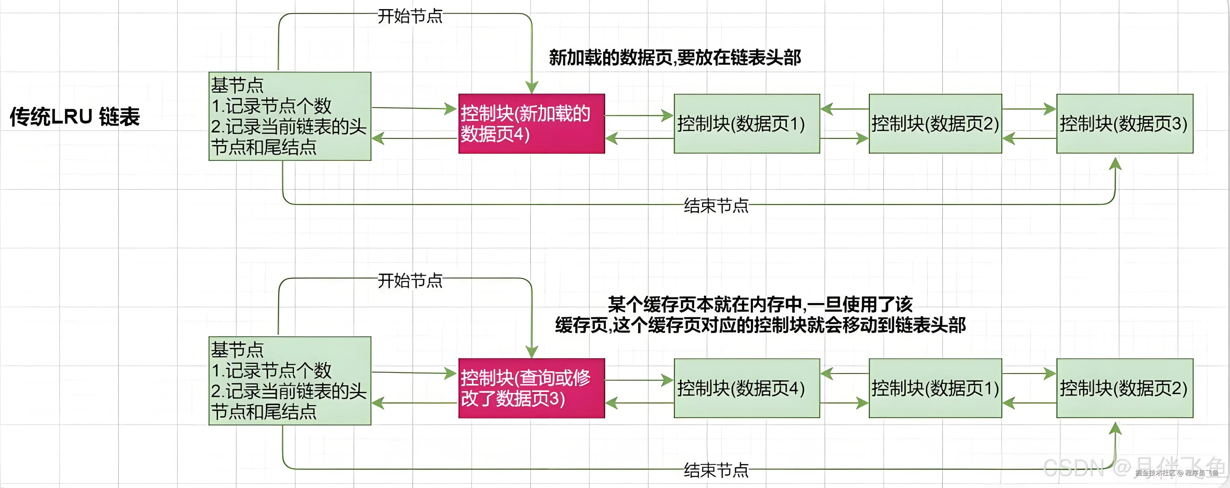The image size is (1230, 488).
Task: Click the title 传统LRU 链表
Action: pyautogui.click(x=75, y=117)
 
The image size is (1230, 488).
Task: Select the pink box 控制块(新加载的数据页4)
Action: pyautogui.click(x=531, y=124)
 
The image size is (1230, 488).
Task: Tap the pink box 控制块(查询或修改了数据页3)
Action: pyautogui.click(x=531, y=388)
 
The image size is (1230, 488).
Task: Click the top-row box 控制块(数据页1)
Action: pyautogui.click(x=746, y=124)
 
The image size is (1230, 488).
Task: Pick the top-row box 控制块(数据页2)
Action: pyautogui.click(x=935, y=124)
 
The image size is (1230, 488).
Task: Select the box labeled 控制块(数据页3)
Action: pyautogui.click(x=1124, y=124)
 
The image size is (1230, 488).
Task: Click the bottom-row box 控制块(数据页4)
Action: pyautogui.click(x=746, y=388)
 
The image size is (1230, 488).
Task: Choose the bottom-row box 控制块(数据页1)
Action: pyautogui.click(x=935, y=388)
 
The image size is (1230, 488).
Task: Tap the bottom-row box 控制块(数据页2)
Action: pyautogui.click(x=1124, y=388)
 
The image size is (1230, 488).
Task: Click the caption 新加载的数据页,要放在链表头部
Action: pyautogui.click(x=675, y=58)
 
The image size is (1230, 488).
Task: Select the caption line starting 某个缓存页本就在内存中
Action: pyautogui.click(x=760, y=304)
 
